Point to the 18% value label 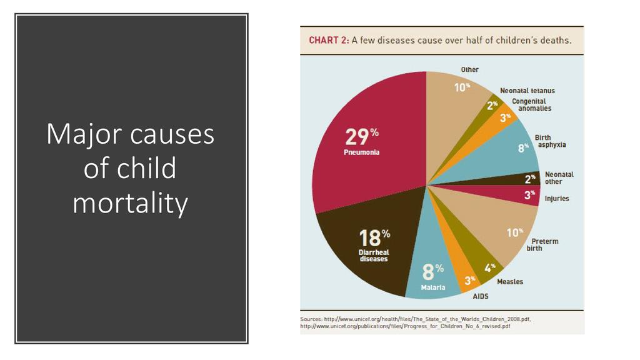click(x=374, y=237)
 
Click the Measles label click(x=510, y=281)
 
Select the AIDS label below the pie click(x=481, y=296)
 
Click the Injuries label click(x=557, y=199)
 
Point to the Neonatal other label click(x=559, y=178)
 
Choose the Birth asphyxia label click(x=550, y=141)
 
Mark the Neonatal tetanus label click(x=527, y=91)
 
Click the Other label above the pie click(x=470, y=69)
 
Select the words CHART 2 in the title click(x=328, y=41)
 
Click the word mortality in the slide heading click(x=130, y=203)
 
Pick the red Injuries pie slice click(x=512, y=195)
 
